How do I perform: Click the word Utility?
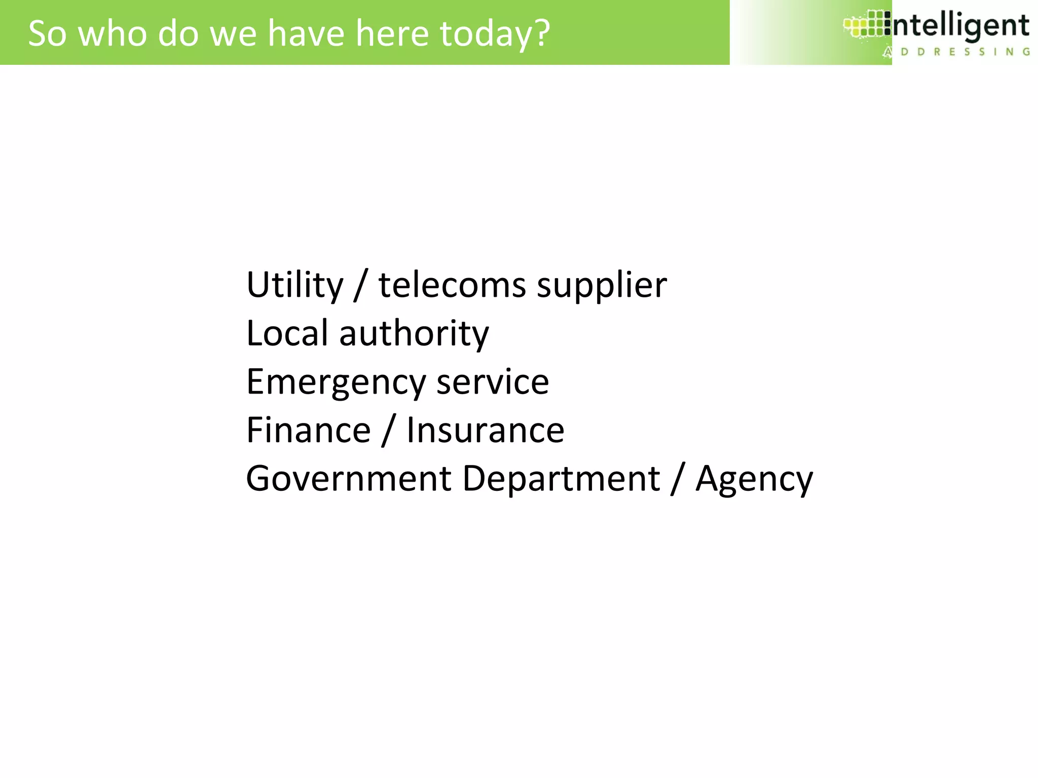point(294,285)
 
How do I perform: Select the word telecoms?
point(452,285)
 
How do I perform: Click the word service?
point(493,382)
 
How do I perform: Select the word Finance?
point(308,430)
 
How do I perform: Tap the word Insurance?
point(485,430)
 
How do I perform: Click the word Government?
point(348,479)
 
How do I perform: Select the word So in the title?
point(47,33)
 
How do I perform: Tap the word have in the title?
point(306,33)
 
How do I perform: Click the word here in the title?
point(392,33)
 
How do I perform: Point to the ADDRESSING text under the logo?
point(957,52)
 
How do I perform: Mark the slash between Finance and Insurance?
point(389,431)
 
